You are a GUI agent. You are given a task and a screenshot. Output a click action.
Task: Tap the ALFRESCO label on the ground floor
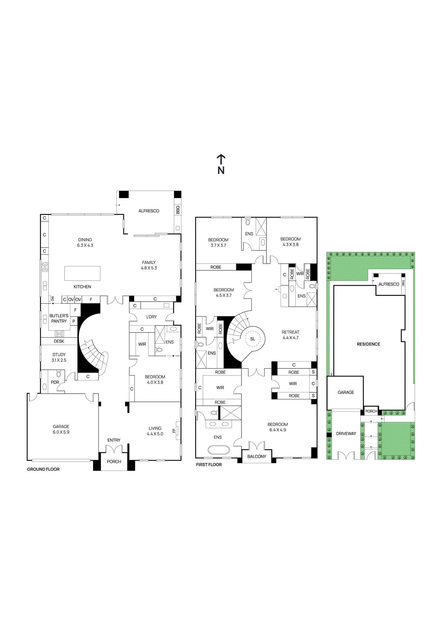pyautogui.click(x=149, y=211)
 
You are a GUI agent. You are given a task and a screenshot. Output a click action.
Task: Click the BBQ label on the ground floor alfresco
pyautogui.click(x=178, y=210)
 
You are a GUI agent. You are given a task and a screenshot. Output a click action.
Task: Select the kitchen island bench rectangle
pyautogui.click(x=82, y=273)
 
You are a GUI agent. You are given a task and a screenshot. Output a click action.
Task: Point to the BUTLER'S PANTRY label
pyautogui.click(x=59, y=318)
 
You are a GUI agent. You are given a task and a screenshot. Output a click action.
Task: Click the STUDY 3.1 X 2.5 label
pyautogui.click(x=59, y=357)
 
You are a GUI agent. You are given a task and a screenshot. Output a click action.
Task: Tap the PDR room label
pyautogui.click(x=55, y=382)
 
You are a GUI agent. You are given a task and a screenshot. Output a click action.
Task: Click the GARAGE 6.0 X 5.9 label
pyautogui.click(x=61, y=429)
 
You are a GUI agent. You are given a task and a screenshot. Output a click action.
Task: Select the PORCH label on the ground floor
pyautogui.click(x=114, y=462)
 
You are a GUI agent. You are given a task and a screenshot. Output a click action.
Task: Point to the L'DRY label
pyautogui.click(x=151, y=317)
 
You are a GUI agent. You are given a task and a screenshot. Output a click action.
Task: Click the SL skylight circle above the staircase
pyautogui.click(x=252, y=339)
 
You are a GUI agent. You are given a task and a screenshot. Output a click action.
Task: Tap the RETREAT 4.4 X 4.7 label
pyautogui.click(x=290, y=335)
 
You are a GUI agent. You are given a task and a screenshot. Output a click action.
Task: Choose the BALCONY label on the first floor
pyautogui.click(x=257, y=457)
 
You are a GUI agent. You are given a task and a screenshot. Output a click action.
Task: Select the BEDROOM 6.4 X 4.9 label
pyautogui.click(x=277, y=427)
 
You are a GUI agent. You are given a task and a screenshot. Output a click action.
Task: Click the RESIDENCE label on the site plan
pyautogui.click(x=368, y=344)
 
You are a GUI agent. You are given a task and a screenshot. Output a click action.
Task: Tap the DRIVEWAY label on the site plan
pyautogui.click(x=346, y=434)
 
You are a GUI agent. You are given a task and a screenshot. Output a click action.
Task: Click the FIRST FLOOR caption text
pyautogui.click(x=209, y=465)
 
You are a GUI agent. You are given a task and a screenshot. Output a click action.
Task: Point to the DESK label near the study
pyautogui.click(x=59, y=341)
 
